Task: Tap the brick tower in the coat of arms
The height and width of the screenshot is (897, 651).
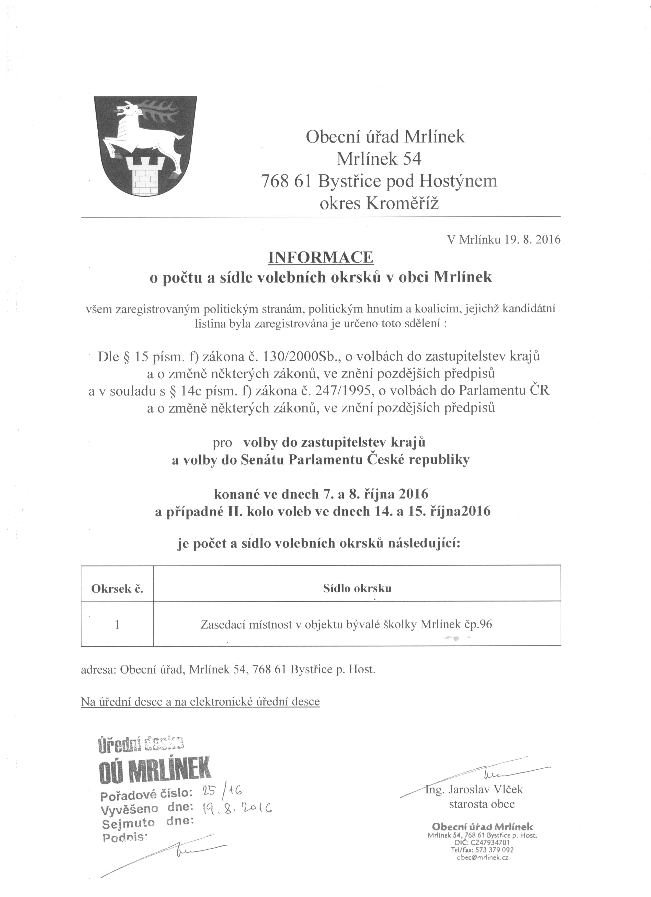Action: [145, 174]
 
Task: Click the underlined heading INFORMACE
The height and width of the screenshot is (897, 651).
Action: [321, 258]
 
